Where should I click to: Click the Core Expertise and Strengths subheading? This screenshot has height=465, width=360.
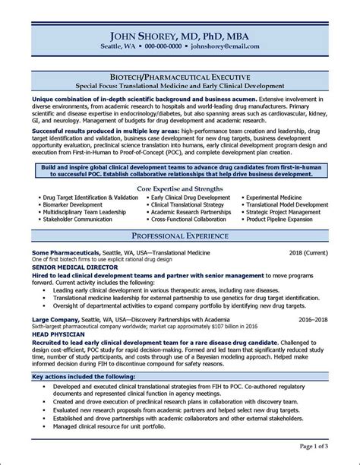[180, 187]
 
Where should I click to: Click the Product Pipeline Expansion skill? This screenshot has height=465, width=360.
[279, 219]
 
